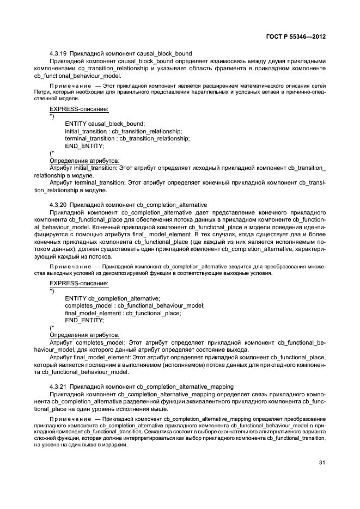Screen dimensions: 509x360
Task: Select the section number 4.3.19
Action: click(58, 53)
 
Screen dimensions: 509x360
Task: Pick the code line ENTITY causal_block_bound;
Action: click(105, 124)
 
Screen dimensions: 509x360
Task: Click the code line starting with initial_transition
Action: click(123, 131)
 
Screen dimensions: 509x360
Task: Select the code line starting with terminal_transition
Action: click(127, 139)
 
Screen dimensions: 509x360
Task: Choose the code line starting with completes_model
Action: click(135, 305)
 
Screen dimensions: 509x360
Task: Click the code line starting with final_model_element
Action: click(123, 313)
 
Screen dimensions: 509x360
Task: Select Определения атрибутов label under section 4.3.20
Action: click(84, 335)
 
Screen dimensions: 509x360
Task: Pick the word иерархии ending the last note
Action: click(115, 444)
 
